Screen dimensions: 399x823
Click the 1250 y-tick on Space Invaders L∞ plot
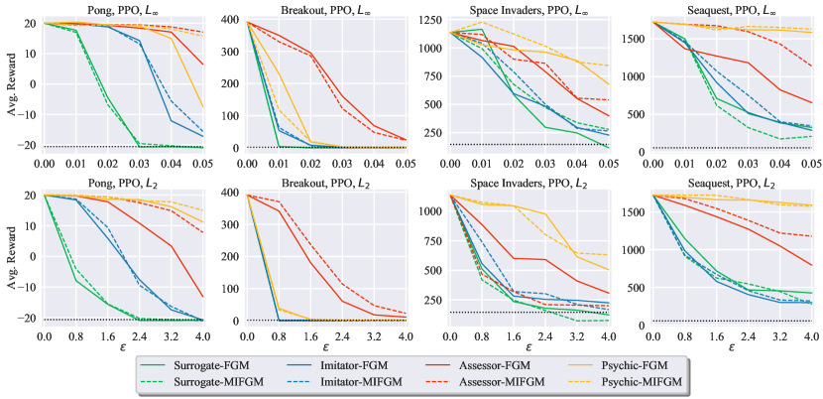point(431,19)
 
